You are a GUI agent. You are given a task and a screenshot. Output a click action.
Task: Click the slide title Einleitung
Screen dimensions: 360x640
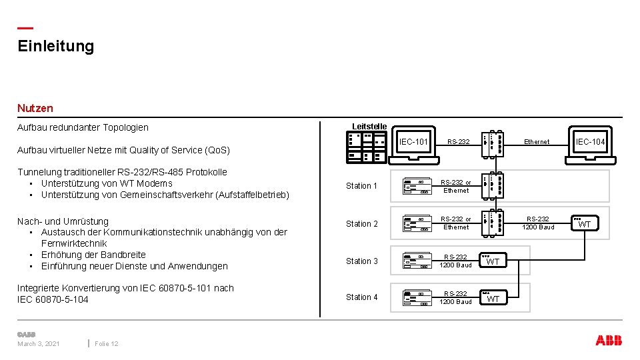click(56, 46)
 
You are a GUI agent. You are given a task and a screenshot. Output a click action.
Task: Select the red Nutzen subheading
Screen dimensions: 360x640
click(35, 107)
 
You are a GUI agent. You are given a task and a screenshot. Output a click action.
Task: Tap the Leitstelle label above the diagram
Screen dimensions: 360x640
click(369, 126)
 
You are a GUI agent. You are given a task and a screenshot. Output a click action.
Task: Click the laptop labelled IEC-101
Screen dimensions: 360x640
click(413, 145)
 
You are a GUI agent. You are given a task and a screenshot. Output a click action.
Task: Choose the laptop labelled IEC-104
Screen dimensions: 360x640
click(590, 145)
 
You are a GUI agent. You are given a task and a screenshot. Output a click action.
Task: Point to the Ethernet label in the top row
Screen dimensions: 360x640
click(537, 141)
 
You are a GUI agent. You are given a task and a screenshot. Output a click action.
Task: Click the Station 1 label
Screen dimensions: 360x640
click(362, 186)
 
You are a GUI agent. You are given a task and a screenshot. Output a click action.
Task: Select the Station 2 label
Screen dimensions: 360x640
click(362, 224)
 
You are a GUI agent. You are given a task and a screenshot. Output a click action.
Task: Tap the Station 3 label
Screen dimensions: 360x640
click(362, 261)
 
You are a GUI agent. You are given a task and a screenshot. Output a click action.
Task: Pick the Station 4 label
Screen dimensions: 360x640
click(362, 297)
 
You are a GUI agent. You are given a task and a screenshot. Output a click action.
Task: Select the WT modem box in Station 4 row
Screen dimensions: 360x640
click(492, 298)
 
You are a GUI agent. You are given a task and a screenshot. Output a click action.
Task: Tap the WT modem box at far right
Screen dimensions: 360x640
click(584, 224)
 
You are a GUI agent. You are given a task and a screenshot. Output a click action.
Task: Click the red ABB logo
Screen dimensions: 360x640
click(608, 341)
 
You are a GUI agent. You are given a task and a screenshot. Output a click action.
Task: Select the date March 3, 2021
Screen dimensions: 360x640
click(39, 343)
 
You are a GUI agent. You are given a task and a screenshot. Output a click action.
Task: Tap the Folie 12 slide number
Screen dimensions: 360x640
click(107, 343)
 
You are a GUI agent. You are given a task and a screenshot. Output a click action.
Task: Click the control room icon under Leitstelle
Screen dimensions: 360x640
click(366, 147)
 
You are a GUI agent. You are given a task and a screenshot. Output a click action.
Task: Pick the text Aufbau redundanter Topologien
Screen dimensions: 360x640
click(83, 127)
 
